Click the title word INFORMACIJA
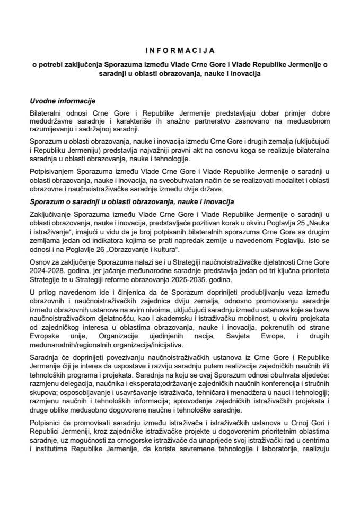180,51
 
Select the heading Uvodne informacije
62,101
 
